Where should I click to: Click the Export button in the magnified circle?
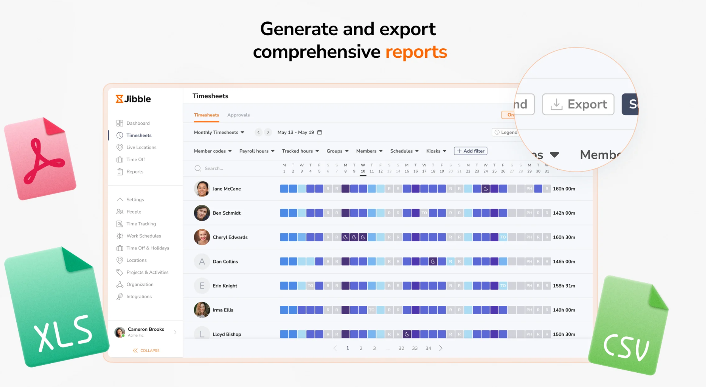(578, 104)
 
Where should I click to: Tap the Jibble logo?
(133, 99)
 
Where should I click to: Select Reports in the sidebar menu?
(135, 172)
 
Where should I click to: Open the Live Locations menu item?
(141, 147)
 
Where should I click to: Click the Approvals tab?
(239, 115)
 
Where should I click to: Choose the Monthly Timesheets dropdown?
(219, 132)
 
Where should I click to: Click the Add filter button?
(471, 151)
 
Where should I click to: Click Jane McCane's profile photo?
(202, 189)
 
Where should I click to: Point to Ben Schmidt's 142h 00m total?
(564, 213)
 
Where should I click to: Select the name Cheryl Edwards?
(230, 237)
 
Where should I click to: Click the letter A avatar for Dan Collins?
(202, 261)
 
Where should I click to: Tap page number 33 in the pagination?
(415, 348)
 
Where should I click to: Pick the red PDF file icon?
(40, 158)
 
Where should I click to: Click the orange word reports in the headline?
(416, 52)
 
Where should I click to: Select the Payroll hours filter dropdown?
(257, 151)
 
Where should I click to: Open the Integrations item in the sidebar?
(139, 297)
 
